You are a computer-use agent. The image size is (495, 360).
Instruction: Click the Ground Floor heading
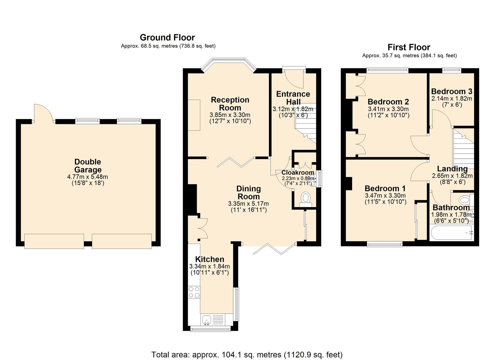click(x=167, y=37)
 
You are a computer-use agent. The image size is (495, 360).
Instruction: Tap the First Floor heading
click(x=409, y=47)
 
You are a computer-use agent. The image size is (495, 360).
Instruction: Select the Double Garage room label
click(x=88, y=166)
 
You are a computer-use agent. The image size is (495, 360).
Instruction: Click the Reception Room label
click(x=230, y=104)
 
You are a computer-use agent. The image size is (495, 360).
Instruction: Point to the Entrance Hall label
click(x=293, y=98)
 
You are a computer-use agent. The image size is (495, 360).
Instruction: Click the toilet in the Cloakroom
click(x=305, y=198)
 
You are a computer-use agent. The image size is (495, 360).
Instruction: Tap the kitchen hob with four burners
click(x=194, y=292)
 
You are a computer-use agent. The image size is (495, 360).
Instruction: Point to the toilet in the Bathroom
click(x=464, y=200)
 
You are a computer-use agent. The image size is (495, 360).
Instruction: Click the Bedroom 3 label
click(x=451, y=91)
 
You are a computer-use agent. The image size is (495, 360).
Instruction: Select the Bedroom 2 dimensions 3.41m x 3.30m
click(x=388, y=109)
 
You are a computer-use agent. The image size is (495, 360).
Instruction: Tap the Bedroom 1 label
click(x=385, y=188)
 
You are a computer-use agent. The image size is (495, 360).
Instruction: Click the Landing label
click(x=452, y=169)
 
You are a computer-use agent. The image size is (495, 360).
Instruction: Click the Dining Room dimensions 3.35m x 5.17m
click(x=248, y=204)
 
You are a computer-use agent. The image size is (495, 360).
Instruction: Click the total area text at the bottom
click(x=247, y=354)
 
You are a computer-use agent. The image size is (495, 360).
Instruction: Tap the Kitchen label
click(x=209, y=259)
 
